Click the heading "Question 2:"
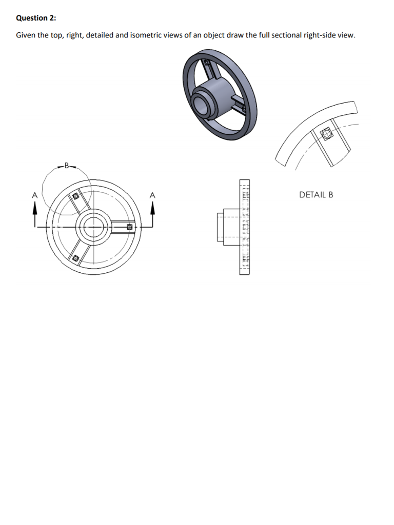coord(36,18)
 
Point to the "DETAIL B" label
coord(316,195)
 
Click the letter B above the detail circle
coord(66,166)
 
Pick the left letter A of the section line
coord(35,195)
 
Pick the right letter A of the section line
coord(152,195)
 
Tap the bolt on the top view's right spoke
coord(130,226)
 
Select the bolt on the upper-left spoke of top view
coord(75,196)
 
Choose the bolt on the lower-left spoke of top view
coord(75,258)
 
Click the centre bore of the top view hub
coord(93,227)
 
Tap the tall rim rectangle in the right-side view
coord(244,227)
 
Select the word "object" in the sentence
coord(215,35)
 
